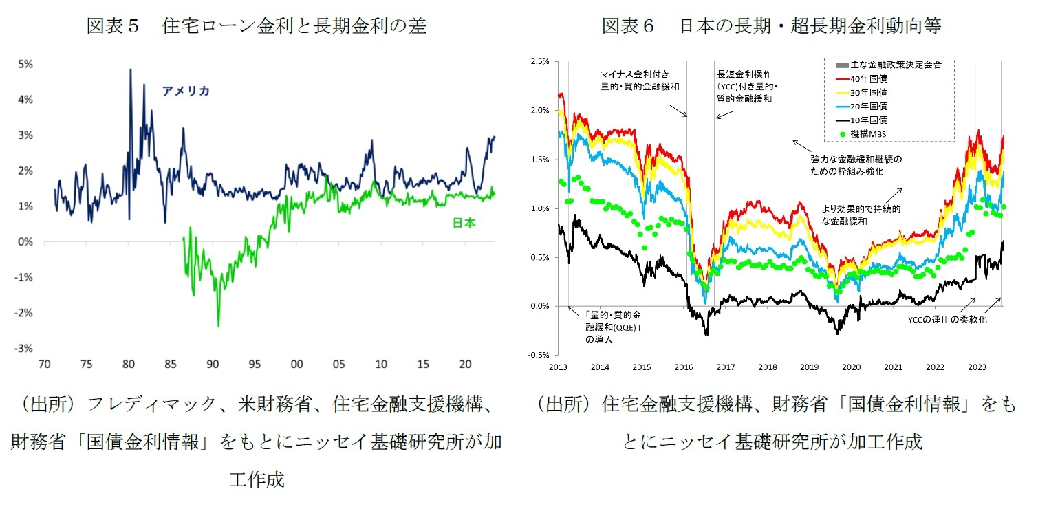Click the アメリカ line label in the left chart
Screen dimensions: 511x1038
click(186, 91)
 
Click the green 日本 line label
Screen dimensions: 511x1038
click(464, 223)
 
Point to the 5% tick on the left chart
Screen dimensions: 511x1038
click(25, 64)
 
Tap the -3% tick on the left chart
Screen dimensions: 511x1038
click(25, 349)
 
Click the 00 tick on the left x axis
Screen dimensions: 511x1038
click(296, 363)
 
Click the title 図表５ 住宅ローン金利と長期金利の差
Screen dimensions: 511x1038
click(256, 26)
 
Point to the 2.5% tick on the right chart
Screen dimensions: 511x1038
click(539, 61)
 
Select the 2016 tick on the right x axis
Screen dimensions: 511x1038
click(684, 367)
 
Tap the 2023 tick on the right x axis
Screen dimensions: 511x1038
click(977, 367)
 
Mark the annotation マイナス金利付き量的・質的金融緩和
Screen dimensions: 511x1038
click(630, 80)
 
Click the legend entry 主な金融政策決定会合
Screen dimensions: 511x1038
click(891, 65)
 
